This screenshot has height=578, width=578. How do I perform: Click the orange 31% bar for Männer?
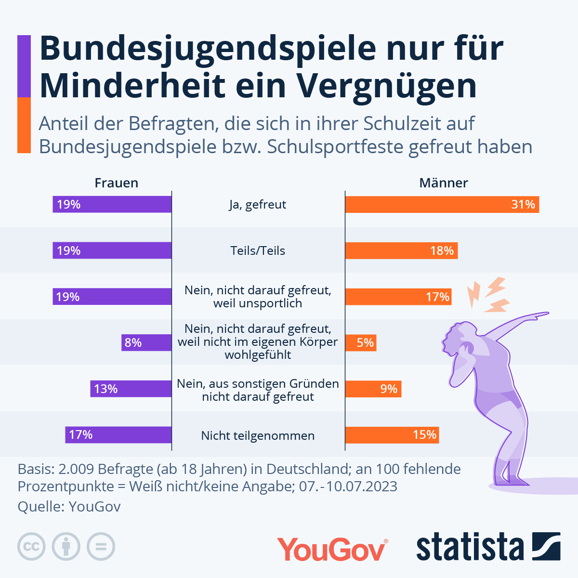click(x=442, y=205)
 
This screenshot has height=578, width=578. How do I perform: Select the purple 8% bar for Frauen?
click(x=146, y=342)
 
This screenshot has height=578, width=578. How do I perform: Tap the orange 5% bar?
click(x=361, y=342)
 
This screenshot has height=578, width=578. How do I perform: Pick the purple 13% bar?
click(x=131, y=389)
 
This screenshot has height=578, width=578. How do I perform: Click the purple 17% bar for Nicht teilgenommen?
click(x=118, y=435)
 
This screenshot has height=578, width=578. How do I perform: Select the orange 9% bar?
click(x=373, y=389)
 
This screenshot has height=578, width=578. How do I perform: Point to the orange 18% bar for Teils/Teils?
click(x=401, y=250)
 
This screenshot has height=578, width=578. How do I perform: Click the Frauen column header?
click(x=117, y=183)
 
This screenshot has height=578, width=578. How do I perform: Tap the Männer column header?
click(x=443, y=183)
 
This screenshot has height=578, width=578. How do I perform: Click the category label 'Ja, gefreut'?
click(x=258, y=205)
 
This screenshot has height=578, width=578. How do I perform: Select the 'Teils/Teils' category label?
click(x=258, y=251)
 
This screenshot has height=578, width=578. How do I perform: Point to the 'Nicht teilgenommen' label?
click(x=258, y=436)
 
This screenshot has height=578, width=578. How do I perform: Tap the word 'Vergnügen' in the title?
click(x=386, y=86)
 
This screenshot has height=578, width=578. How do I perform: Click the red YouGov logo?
click(x=332, y=549)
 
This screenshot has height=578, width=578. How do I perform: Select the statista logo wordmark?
click(x=470, y=547)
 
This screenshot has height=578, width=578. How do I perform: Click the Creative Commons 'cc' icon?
click(x=31, y=547)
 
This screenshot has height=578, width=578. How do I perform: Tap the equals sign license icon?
click(x=101, y=547)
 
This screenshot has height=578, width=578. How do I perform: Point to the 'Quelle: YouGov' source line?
click(x=69, y=507)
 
